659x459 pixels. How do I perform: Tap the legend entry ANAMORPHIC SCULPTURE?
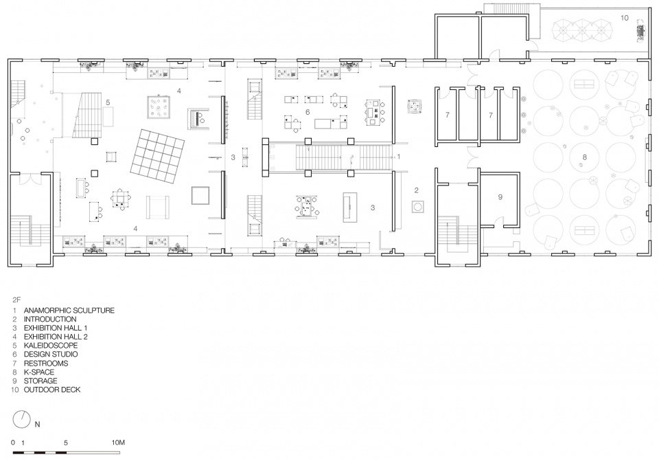pyautogui.click(x=69, y=311)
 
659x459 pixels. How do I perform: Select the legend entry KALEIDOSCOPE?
pyautogui.click(x=50, y=346)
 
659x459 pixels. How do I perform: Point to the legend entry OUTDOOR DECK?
pyautogui.click(x=52, y=390)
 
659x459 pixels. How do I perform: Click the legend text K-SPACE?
pyautogui.click(x=39, y=372)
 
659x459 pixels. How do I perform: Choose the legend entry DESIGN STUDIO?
pyautogui.click(x=51, y=355)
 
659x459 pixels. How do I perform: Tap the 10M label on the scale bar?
pyautogui.click(x=118, y=443)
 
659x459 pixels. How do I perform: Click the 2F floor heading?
pyautogui.click(x=16, y=300)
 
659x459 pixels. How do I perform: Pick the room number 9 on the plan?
pyautogui.click(x=500, y=197)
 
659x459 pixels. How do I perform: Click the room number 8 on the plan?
pyautogui.click(x=584, y=157)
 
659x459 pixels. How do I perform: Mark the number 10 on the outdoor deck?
pyautogui.click(x=625, y=18)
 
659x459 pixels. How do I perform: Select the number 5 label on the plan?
pyautogui.click(x=108, y=102)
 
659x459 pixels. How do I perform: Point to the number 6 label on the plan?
pyautogui.click(x=308, y=112)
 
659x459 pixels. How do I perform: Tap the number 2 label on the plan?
pyautogui.click(x=417, y=190)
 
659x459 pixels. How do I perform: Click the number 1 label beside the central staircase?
pyautogui.click(x=399, y=157)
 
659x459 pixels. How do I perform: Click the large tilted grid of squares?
pyautogui.click(x=158, y=155)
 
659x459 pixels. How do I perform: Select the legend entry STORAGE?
pyautogui.click(x=41, y=381)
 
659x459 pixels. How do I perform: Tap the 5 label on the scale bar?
pyautogui.click(x=66, y=443)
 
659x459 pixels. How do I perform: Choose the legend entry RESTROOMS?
pyautogui.click(x=46, y=363)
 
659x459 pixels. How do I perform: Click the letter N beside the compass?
pyautogui.click(x=37, y=425)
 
